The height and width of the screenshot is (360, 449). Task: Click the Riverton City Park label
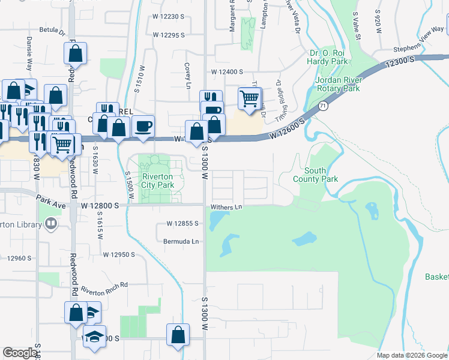(x=157, y=181)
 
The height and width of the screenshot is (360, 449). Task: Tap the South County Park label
(x=315, y=175)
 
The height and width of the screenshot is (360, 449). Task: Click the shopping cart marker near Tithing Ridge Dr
(x=250, y=98)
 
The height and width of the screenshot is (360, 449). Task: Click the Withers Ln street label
(x=226, y=208)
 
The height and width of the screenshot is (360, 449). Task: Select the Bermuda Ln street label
(x=181, y=241)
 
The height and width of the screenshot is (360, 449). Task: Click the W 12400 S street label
(x=227, y=71)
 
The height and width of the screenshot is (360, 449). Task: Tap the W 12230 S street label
(x=166, y=17)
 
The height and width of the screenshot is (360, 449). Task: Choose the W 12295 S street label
(x=167, y=35)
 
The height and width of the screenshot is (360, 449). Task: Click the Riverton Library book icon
(x=52, y=224)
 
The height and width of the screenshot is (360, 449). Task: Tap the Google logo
(x=20, y=353)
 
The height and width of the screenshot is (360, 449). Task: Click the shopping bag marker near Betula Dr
(x=76, y=53)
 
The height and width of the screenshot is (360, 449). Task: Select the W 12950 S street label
(x=118, y=254)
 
